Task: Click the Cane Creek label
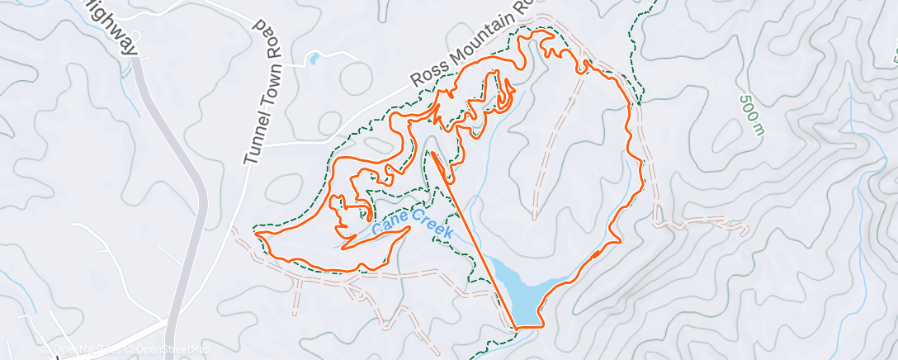[411, 222]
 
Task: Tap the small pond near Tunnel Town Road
[314, 58]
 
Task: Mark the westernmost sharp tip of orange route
[257, 235]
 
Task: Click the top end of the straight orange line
[432, 154]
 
